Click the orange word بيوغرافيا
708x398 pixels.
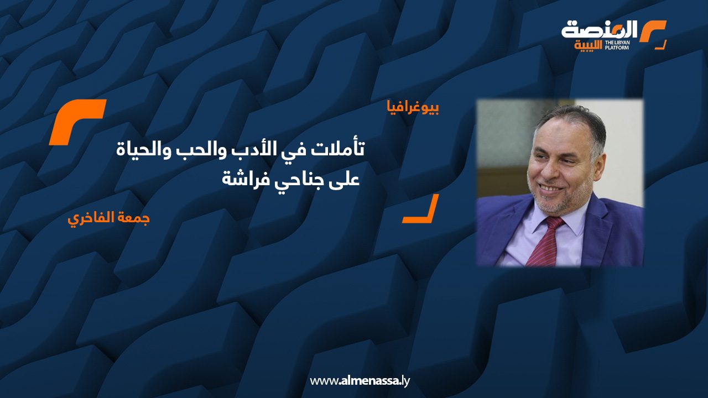(x=414, y=108)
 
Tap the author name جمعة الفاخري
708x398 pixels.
(x=109, y=217)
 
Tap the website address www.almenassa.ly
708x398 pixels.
(x=360, y=381)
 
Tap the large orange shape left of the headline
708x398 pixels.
(x=77, y=122)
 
